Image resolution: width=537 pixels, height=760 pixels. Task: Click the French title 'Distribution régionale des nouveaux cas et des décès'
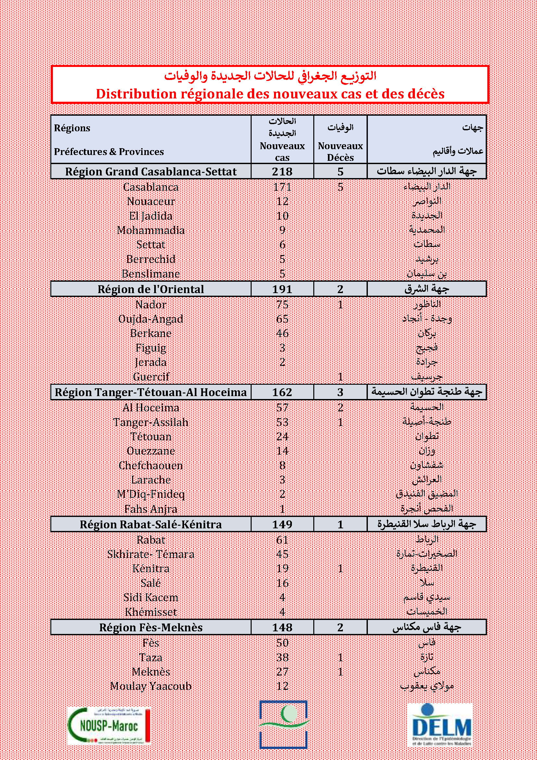click(270, 94)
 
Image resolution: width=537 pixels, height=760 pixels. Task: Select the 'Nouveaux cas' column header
click(282, 152)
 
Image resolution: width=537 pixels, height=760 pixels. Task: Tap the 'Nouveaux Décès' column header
click(340, 152)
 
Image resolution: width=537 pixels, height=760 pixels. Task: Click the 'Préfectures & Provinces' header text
click(109, 152)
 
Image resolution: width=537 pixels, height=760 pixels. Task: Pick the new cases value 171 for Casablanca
click(282, 187)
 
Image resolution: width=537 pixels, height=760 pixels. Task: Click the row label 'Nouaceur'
click(151, 201)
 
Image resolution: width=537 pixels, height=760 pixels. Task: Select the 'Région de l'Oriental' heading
click(151, 289)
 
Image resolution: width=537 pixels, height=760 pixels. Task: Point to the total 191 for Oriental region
click(282, 289)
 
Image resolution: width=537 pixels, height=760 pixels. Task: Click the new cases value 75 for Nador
click(282, 304)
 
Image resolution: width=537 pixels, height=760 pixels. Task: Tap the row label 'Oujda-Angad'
click(151, 319)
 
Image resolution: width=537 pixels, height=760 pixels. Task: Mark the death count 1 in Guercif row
click(340, 377)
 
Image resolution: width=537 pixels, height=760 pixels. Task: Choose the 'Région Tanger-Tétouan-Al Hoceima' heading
click(151, 392)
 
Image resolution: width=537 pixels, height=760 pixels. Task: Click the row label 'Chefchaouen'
click(151, 466)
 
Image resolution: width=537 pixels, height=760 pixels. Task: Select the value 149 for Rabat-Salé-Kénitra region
click(282, 525)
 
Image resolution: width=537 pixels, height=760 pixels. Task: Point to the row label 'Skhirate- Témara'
click(151, 554)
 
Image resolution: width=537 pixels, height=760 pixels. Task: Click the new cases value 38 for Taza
click(282, 657)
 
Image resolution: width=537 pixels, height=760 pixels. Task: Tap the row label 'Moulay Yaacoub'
click(151, 686)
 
